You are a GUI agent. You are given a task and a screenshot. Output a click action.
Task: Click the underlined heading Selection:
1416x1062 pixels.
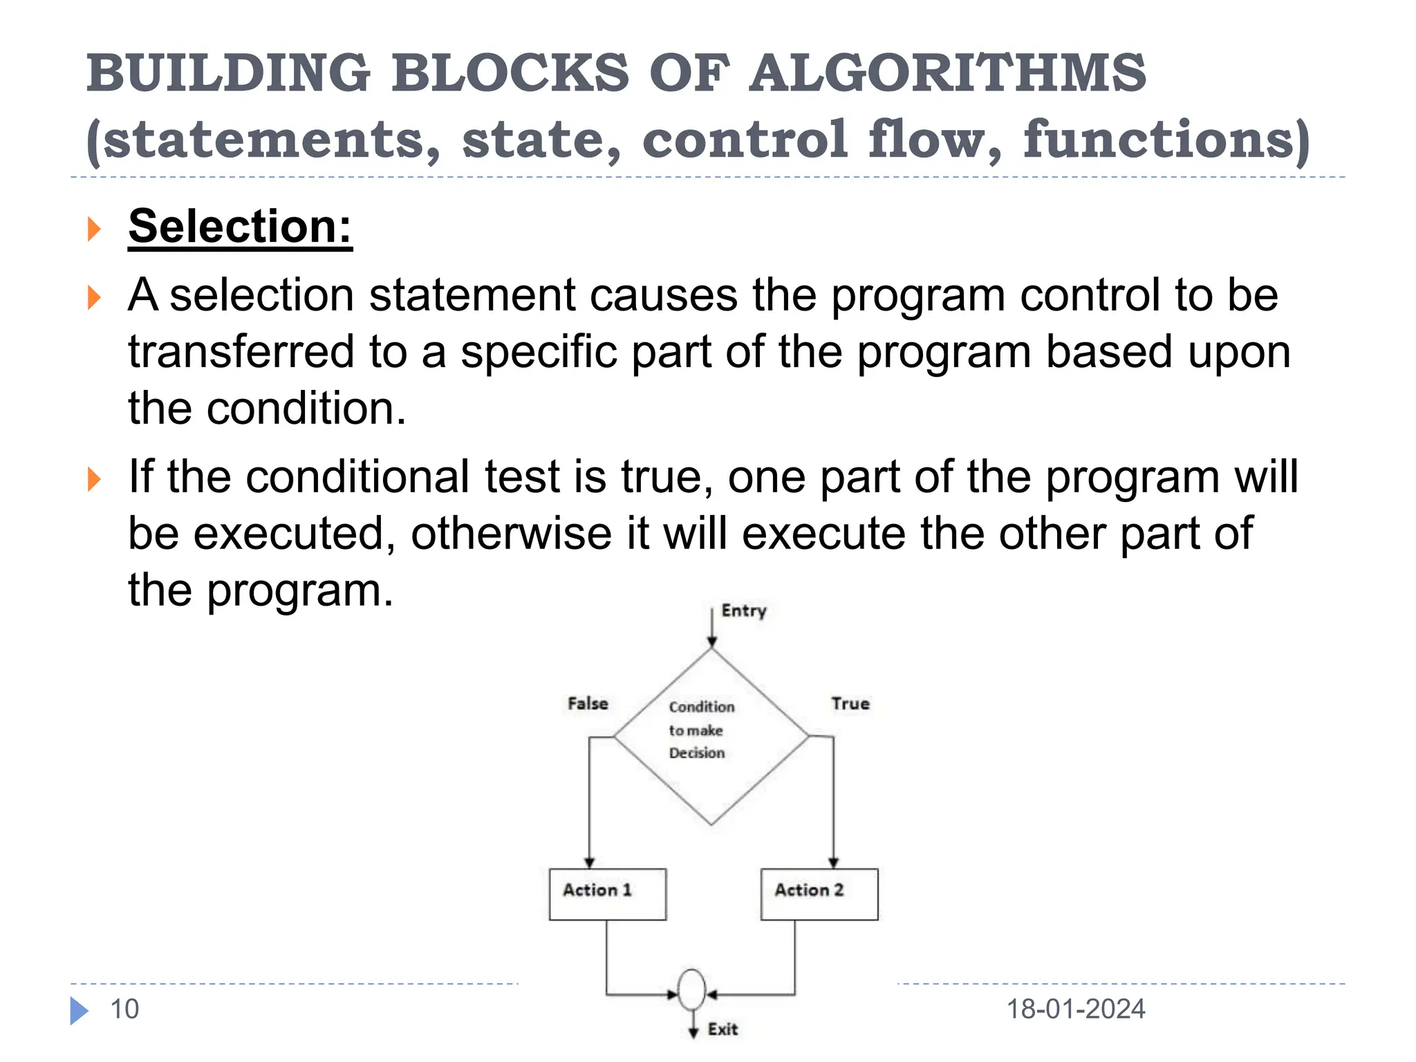click(240, 226)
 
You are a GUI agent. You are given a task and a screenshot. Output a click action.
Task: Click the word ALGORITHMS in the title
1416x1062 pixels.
click(947, 73)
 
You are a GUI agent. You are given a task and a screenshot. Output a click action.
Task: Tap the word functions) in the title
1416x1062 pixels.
click(1166, 139)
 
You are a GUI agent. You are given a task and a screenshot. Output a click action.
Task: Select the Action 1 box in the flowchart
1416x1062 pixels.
click(607, 894)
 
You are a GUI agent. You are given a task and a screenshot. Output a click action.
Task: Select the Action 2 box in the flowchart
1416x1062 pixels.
click(819, 894)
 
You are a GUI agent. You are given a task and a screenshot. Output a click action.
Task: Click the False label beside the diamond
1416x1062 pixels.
click(588, 703)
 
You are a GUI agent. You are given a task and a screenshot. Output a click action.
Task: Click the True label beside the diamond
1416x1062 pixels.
click(850, 703)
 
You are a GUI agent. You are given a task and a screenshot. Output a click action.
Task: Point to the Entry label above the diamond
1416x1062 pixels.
click(744, 611)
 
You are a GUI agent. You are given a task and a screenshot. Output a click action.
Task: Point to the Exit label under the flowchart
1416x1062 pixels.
click(723, 1029)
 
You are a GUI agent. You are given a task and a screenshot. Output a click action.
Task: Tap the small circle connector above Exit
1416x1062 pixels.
click(692, 990)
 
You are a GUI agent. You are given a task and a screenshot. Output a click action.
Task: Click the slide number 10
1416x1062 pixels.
click(124, 1009)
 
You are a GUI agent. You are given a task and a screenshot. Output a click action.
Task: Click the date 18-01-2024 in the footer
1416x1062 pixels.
click(1075, 1009)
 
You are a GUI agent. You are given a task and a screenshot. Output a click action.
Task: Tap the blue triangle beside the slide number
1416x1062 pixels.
click(79, 1010)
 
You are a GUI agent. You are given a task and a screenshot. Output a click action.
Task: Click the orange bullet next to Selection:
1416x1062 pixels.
click(95, 229)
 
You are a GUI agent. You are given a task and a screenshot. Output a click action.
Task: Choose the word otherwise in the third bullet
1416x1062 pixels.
click(511, 533)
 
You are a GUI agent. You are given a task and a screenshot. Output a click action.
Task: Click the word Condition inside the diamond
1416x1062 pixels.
click(702, 707)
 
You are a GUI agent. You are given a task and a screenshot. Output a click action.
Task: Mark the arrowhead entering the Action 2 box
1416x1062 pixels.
click(833, 862)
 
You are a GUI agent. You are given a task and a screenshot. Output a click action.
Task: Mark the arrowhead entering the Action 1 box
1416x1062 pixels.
click(589, 862)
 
